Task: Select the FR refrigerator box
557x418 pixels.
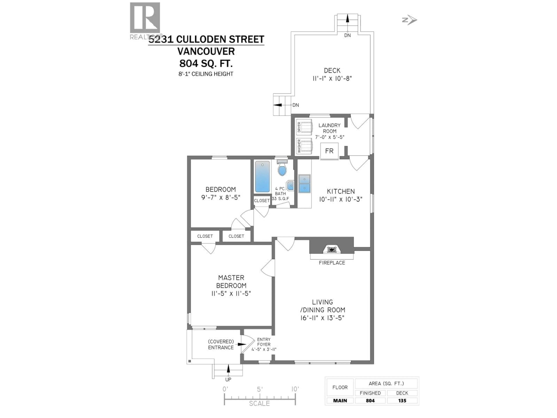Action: pyautogui.click(x=329, y=151)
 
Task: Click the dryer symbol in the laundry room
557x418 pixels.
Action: pyautogui.click(x=304, y=127)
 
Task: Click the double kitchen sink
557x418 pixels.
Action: pyautogui.click(x=304, y=183)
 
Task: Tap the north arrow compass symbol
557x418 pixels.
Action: pyautogui.click(x=410, y=20)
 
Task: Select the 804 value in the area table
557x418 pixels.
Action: pyautogui.click(x=370, y=401)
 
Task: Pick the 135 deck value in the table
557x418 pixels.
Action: pyautogui.click(x=402, y=401)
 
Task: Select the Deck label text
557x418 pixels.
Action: pyautogui.click(x=332, y=71)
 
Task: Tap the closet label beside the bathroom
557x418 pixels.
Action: pyautogui.click(x=262, y=201)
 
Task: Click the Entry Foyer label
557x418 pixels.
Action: pyautogui.click(x=264, y=342)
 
